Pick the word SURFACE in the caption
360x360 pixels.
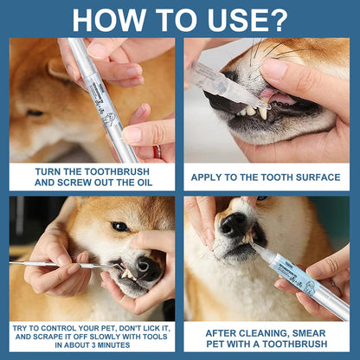[x=316, y=177]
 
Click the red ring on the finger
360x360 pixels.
[x=156, y=152]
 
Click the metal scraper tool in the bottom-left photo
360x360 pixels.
[x=52, y=264]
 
